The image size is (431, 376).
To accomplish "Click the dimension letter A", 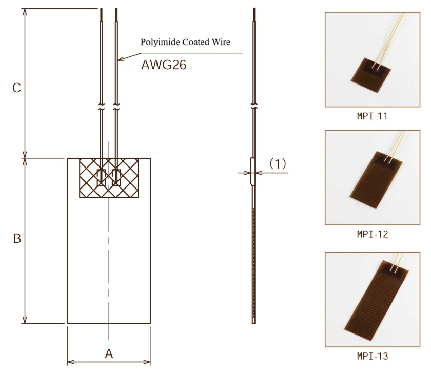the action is coord(109,354).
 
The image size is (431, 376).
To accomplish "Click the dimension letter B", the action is coord(17,238).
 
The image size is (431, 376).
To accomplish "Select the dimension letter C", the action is coord(17,88).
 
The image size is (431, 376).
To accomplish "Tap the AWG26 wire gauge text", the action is coord(164,65).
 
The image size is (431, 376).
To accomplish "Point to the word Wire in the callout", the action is coord(221,42).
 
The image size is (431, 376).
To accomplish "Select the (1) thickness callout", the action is coord(277,164).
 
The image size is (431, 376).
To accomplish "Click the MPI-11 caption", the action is coord(373,116).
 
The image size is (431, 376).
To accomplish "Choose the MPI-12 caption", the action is coord(373,234).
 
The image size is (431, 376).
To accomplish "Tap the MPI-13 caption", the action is coord(373,356).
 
